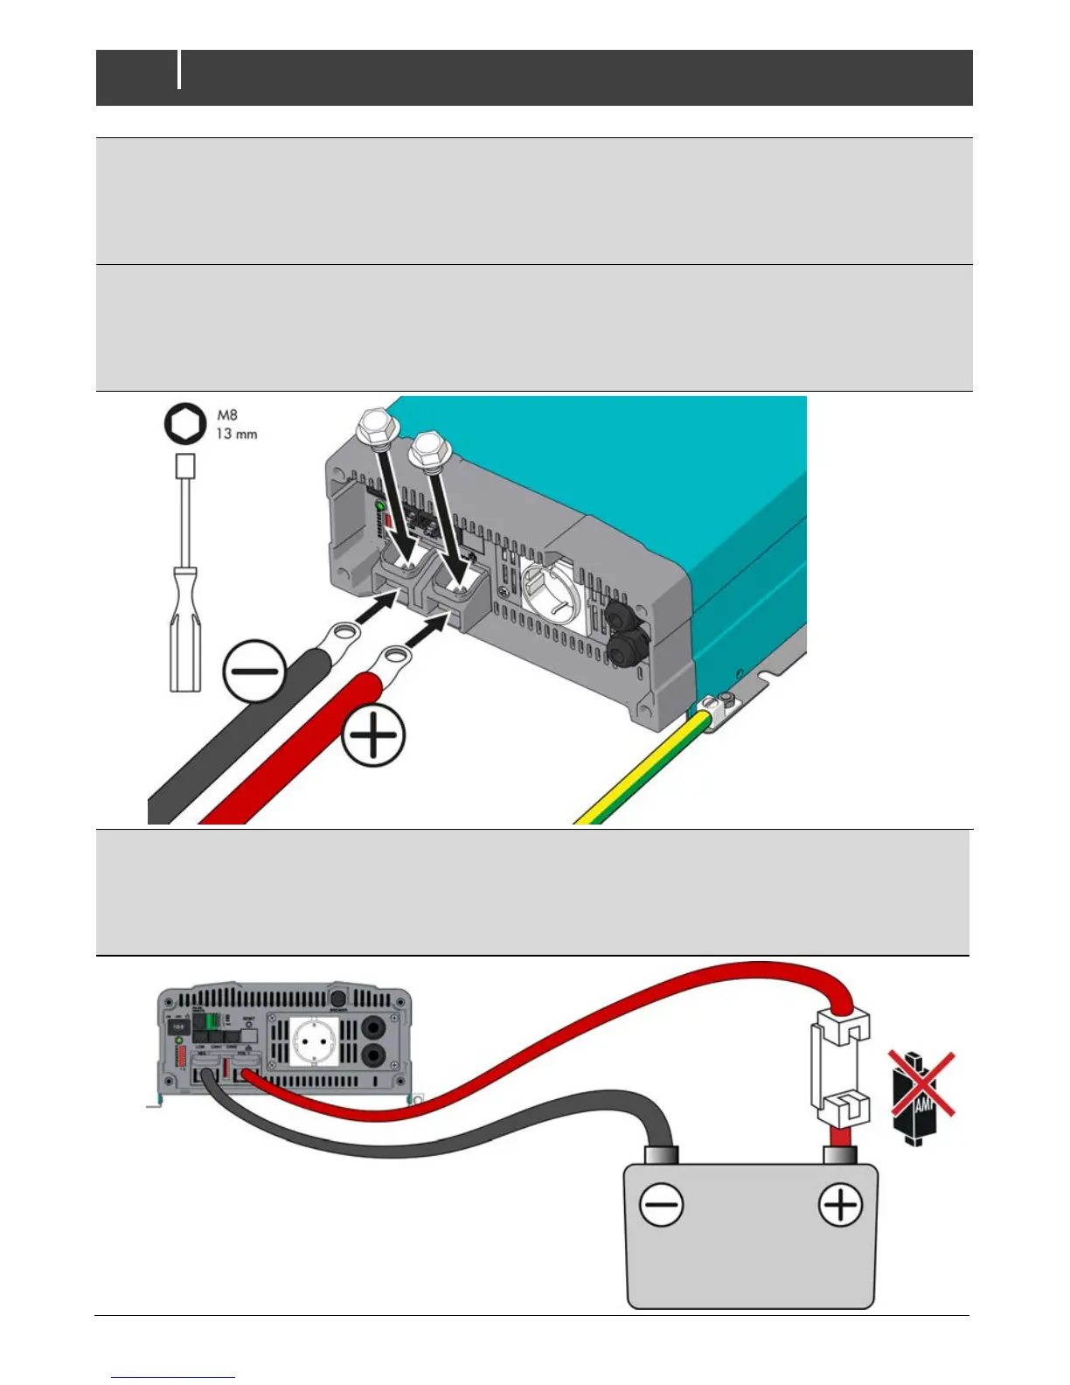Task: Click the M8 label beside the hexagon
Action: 227,415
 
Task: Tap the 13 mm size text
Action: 236,434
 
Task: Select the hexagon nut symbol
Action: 185,425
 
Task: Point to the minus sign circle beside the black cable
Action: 254,672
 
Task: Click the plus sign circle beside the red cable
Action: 373,736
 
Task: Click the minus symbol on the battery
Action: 662,1206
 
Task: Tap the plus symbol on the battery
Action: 840,1206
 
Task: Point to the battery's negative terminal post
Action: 662,1156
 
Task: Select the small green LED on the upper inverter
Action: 379,506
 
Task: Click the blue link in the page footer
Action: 173,1377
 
